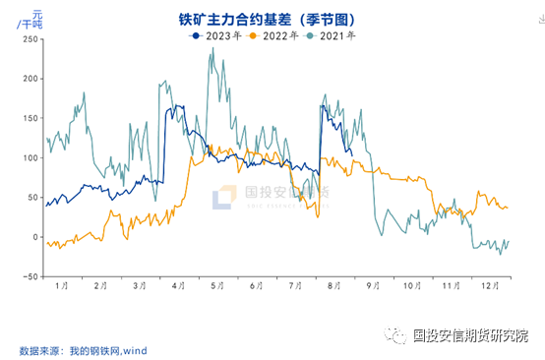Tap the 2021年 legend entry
point(332,35)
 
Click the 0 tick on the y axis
point(33,237)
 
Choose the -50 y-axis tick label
point(28,276)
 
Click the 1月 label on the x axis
point(61,285)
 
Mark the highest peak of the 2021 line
point(212,48)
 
